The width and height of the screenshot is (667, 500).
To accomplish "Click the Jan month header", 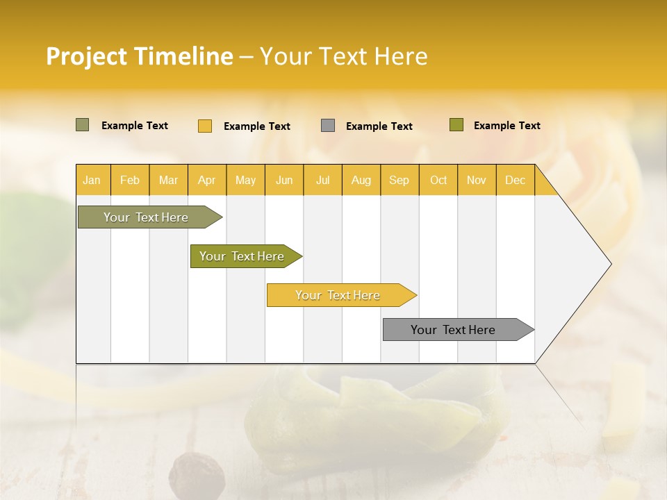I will click(x=92, y=180).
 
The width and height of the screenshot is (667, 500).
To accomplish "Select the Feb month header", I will click(x=130, y=180).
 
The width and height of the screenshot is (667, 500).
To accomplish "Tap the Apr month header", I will click(x=207, y=180).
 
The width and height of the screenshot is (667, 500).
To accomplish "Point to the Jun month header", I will click(x=284, y=180).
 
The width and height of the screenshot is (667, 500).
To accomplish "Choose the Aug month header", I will click(x=361, y=180).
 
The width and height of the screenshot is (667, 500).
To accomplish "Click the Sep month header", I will click(x=400, y=180).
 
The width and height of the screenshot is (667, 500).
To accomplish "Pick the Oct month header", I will click(x=438, y=180).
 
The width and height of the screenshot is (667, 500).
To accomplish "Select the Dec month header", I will click(x=516, y=180).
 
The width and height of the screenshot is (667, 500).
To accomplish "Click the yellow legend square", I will click(x=205, y=126).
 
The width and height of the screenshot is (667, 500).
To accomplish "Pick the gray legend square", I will click(x=328, y=126).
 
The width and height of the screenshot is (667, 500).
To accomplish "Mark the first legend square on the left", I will click(x=83, y=125).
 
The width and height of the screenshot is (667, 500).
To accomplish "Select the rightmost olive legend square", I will click(x=456, y=125).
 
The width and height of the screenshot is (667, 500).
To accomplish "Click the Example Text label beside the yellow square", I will click(x=257, y=126).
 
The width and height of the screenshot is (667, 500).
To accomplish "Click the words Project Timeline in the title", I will click(x=139, y=56).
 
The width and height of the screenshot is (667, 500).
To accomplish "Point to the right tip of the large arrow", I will click(x=610, y=264).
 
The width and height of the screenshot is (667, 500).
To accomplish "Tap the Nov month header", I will click(x=477, y=180).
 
